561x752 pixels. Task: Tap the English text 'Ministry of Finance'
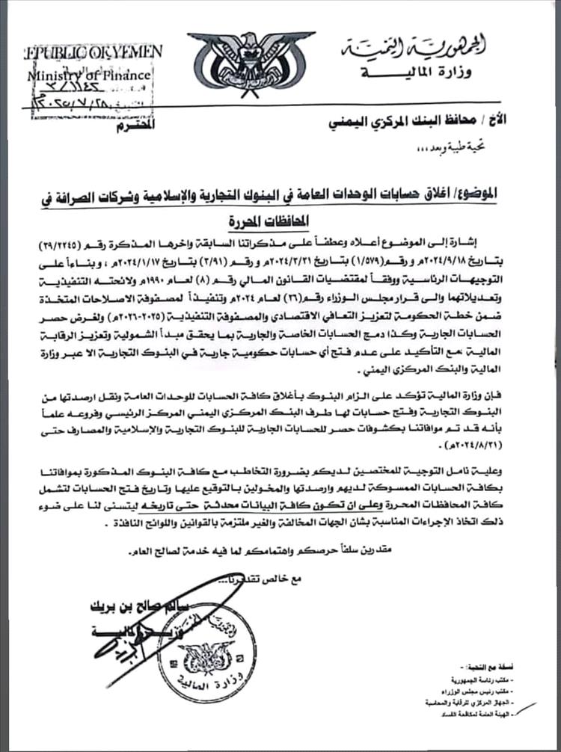(90, 75)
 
